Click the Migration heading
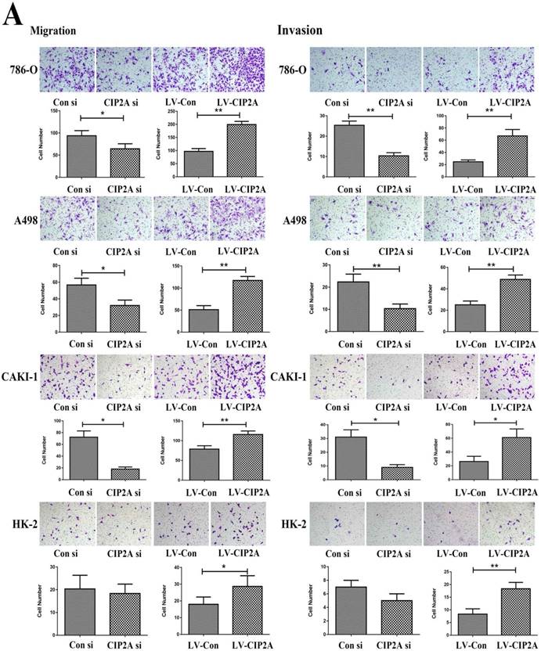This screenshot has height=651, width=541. click(52, 31)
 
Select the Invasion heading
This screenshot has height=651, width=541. click(300, 31)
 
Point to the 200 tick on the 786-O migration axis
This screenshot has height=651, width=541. click(176, 124)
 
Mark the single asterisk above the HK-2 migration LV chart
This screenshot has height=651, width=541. click(224, 567)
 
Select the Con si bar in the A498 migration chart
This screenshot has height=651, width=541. click(81, 308)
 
